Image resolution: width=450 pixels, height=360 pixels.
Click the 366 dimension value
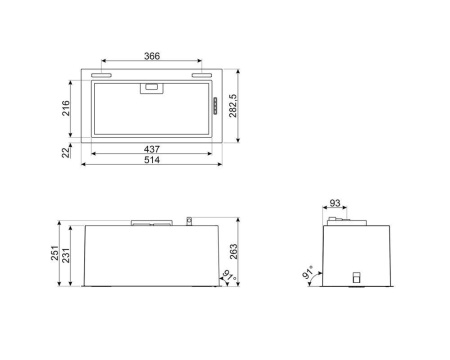click(152, 57)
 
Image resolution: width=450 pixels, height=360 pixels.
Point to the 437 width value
click(152, 149)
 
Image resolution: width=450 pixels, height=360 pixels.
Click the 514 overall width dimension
click(152, 160)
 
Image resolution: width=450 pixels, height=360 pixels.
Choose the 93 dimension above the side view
click(337, 205)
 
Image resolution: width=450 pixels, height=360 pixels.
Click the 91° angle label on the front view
click(226, 273)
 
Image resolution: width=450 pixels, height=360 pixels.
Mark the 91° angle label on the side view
click(309, 274)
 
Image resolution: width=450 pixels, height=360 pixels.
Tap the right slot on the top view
click(202, 75)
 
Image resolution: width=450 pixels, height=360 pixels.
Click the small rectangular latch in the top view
click(152, 88)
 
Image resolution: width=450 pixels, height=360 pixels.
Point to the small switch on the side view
click(354, 279)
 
